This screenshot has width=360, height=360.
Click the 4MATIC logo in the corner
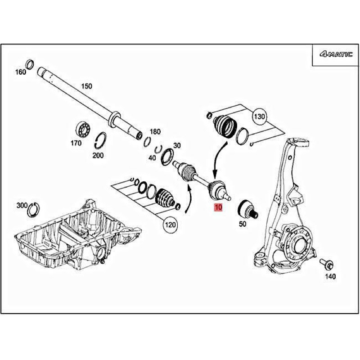pyautogui.click(x=336, y=54)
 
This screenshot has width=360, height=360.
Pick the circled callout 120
pyautogui.click(x=170, y=224)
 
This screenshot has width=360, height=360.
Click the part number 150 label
pyautogui.click(x=86, y=86)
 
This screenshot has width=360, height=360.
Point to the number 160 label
pyautogui.click(x=21, y=72)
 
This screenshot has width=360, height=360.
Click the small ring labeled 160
pyautogui.click(x=30, y=64)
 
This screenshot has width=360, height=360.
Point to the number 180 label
pyautogui.click(x=155, y=132)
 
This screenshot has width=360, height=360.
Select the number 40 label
pyautogui.click(x=152, y=158)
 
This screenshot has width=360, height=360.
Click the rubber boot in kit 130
pyautogui.click(x=225, y=126)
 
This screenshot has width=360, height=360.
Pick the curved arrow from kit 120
pyautogui.click(x=189, y=200)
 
